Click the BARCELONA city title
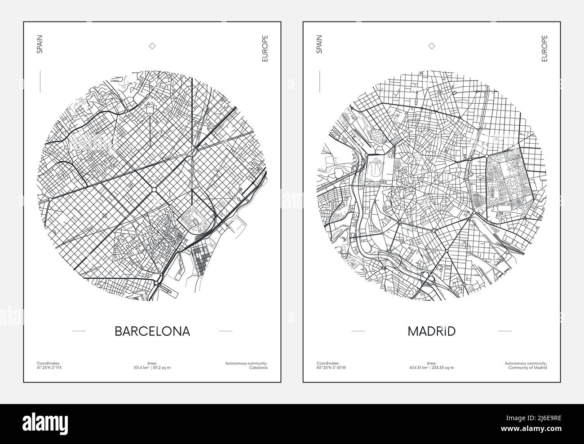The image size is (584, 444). tap(152, 331)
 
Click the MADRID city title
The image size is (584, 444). tap(431, 331)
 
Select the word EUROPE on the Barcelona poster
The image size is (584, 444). tap(265, 48)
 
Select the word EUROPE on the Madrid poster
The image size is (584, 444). tap(544, 48)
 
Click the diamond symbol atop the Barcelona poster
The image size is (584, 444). tap(152, 46)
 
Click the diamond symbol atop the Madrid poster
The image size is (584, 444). tap(432, 46)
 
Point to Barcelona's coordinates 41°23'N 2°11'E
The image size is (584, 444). tap(50, 368)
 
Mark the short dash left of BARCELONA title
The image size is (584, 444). tap(79, 331)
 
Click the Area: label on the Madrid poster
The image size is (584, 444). tap(432, 363)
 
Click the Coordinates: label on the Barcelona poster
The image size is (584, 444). tap(49, 363)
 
